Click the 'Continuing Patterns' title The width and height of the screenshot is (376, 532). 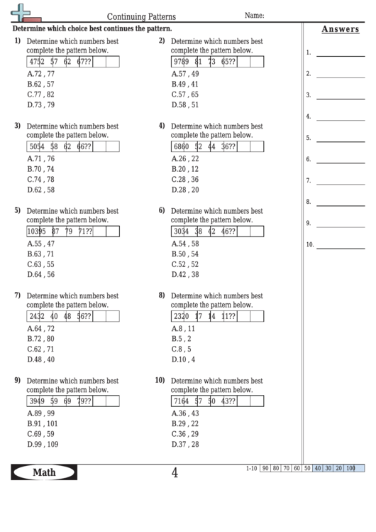[141, 15]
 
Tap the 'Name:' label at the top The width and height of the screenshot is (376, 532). [255, 14]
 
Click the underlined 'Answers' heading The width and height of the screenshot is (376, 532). [339, 29]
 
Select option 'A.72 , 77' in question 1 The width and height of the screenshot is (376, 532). [41, 74]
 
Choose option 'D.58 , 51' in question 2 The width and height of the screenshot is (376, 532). [185, 104]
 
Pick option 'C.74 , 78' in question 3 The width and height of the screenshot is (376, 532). [41, 180]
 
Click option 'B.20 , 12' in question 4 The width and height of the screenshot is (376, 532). [185, 170]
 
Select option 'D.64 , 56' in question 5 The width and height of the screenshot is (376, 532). [41, 274]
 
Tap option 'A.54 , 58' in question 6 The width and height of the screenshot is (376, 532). [185, 244]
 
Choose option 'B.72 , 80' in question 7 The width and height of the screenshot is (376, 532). [41, 339]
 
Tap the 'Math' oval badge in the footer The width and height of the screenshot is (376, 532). [45, 473]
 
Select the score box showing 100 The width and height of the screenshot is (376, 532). [350, 468]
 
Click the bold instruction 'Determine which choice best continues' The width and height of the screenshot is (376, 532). [92, 29]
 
